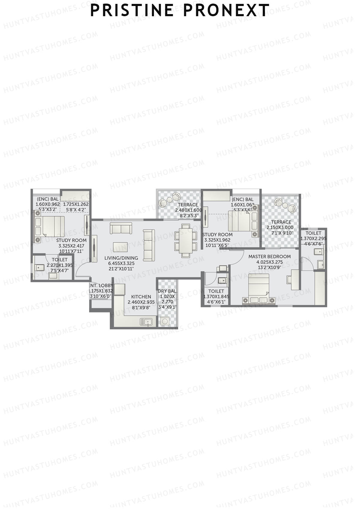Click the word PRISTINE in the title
point(132,10)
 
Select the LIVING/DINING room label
point(121,258)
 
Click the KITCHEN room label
point(141,297)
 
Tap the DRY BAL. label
point(167,291)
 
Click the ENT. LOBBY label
point(101,286)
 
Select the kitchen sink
point(146,322)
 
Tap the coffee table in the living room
point(120,247)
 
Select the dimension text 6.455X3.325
point(121,263)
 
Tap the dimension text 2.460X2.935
point(141,302)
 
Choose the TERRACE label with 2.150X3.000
point(281,222)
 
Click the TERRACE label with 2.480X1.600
point(188,205)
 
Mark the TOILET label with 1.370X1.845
point(216,291)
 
